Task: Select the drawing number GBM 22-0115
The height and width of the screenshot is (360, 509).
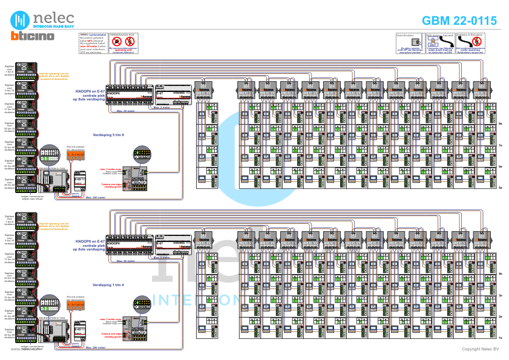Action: coord(459,21)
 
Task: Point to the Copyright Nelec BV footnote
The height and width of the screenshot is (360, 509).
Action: coord(480,349)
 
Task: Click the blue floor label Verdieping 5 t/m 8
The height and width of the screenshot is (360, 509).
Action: coord(108,135)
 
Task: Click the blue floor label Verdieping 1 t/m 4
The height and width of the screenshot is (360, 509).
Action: coord(108,284)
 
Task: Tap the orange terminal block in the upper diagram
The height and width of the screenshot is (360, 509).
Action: coord(76,155)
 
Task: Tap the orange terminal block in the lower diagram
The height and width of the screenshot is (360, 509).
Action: coord(76,304)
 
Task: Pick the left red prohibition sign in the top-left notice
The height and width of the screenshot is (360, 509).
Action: coord(117,42)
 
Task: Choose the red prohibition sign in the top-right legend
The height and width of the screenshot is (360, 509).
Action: coord(476,42)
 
